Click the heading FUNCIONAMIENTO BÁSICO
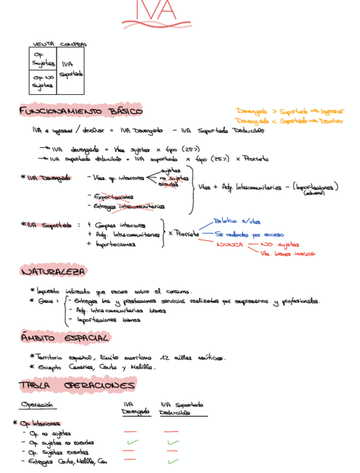[81, 110]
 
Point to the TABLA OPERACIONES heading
[76, 385]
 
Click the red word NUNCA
[230, 244]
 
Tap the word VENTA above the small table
[43, 44]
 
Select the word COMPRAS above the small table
[73, 44]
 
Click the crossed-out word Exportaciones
[114, 196]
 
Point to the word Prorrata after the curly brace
[187, 234]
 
